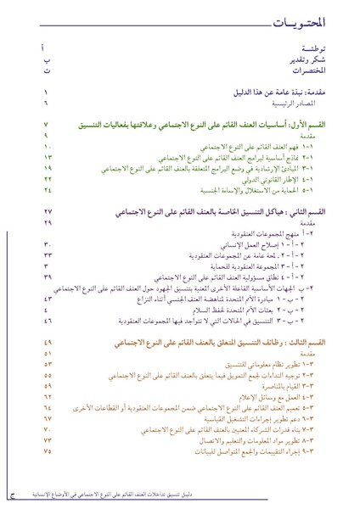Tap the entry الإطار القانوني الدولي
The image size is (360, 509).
291,180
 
